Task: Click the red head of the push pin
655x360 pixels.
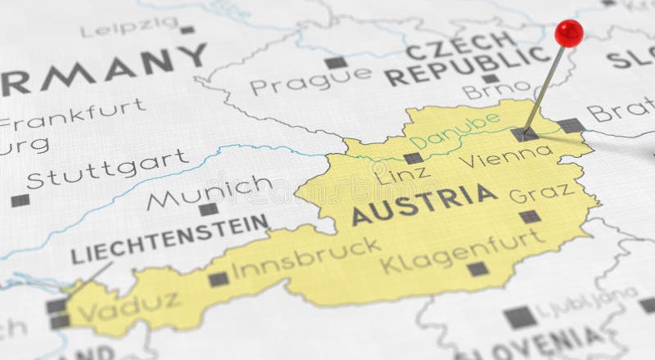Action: (568, 33)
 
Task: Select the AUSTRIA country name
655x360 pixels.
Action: (424, 204)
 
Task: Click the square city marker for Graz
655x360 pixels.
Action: (530, 217)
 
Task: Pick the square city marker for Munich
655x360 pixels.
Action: (209, 209)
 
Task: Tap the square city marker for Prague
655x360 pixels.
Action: (335, 62)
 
